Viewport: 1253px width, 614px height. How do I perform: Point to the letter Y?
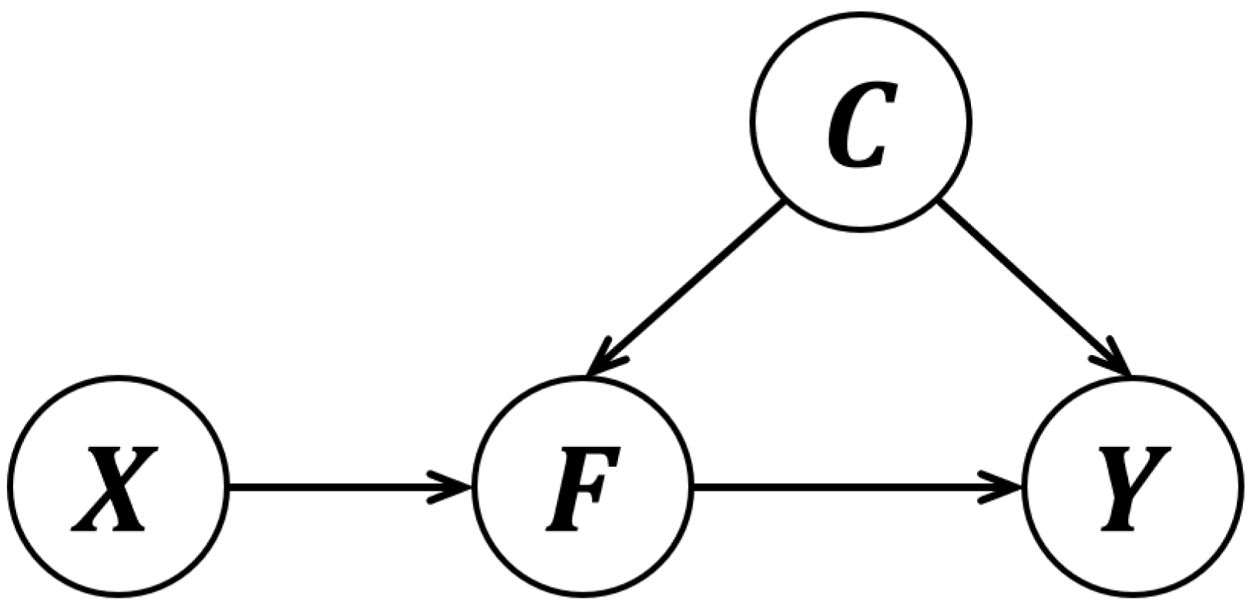tap(1133, 487)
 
